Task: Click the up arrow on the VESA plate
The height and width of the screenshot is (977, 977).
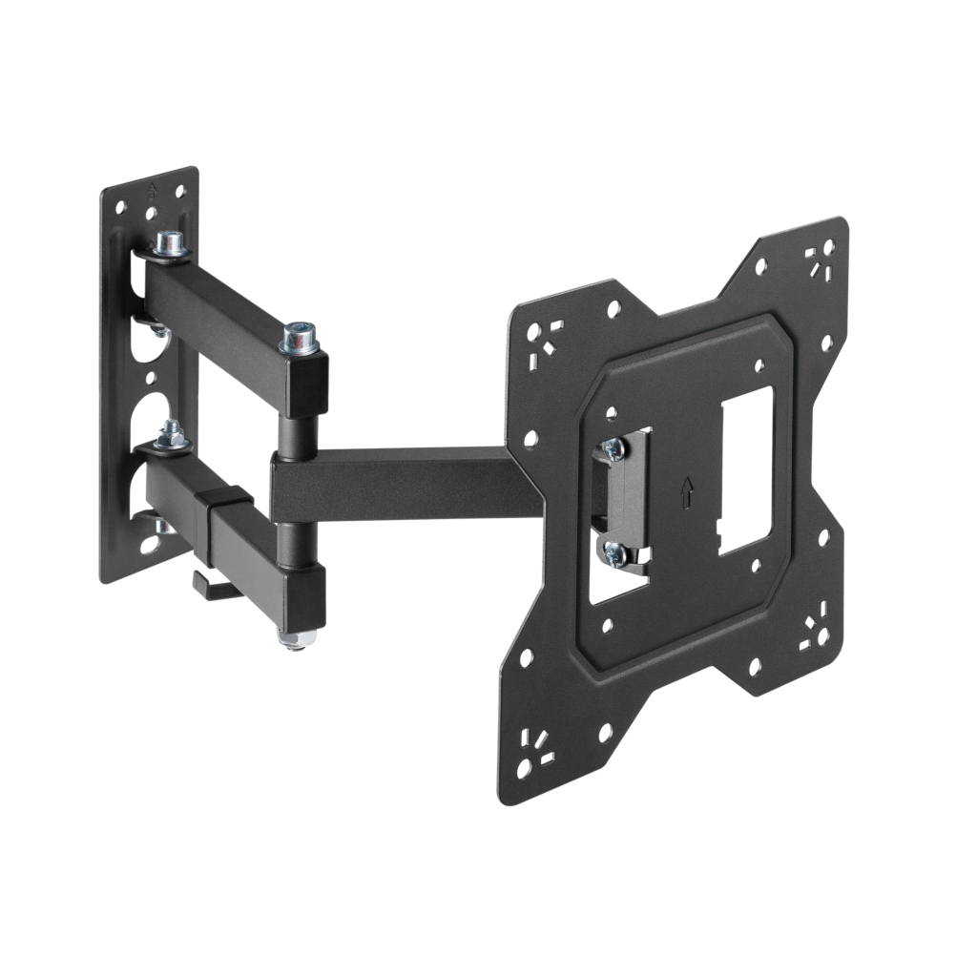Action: pyautogui.click(x=685, y=492)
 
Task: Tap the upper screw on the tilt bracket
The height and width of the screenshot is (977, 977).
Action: pyautogui.click(x=613, y=449)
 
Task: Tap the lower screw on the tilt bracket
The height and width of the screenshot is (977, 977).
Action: pyautogui.click(x=613, y=551)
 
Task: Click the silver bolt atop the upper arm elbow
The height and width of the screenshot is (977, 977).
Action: pyautogui.click(x=301, y=337)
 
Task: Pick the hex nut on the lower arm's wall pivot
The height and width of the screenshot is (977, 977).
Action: pyautogui.click(x=172, y=435)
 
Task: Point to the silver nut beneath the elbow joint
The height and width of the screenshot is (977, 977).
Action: pyautogui.click(x=294, y=637)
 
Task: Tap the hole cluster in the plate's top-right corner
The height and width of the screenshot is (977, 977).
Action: pyautogui.click(x=819, y=260)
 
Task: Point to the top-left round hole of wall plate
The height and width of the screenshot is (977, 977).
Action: pyautogui.click(x=120, y=205)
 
